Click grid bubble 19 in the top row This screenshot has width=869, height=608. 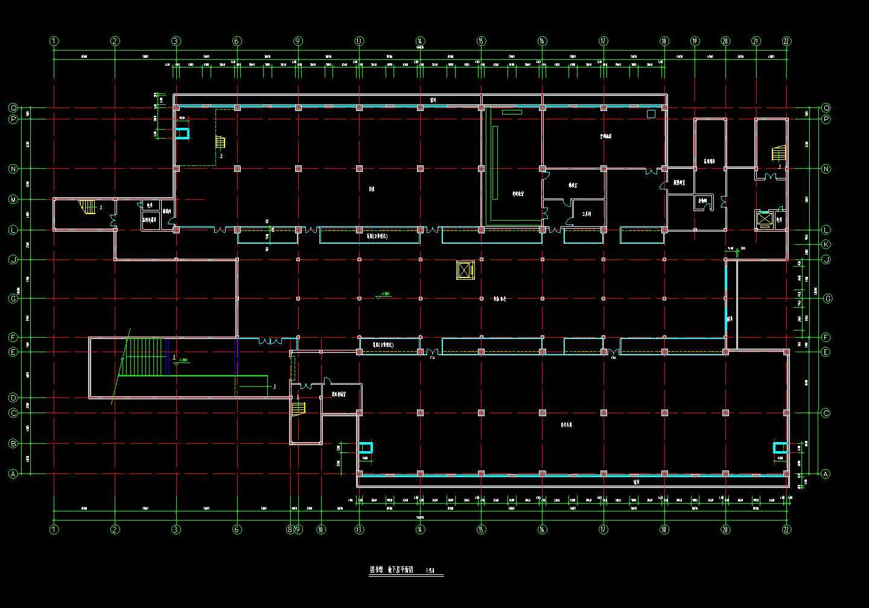pos(695,41)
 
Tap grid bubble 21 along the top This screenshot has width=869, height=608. pos(756,41)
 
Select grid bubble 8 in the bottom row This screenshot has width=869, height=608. pos(290,530)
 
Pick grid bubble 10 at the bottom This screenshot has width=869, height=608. pos(321,530)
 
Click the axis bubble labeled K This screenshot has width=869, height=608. pos(826,244)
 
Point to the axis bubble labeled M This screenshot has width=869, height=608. pos(13,199)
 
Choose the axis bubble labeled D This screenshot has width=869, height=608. pos(13,397)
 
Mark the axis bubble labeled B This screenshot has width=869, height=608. pos(13,443)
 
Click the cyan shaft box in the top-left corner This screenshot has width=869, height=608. pos(182,133)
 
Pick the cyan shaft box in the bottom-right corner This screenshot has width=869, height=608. pos(780,448)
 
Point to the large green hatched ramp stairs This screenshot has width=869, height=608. pos(145,356)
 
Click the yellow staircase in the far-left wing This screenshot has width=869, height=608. pos(88,207)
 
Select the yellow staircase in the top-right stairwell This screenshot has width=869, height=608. pos(779,153)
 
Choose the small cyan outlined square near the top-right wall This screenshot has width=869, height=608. pos(651,113)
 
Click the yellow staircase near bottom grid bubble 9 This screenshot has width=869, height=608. pos(298,408)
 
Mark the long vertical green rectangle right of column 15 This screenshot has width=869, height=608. pos(495,163)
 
